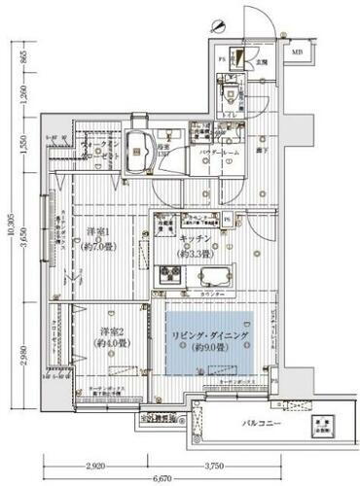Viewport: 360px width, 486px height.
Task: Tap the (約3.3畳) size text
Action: pyautogui.click(x=192, y=252)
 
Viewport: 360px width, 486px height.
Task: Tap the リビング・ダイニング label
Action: pyautogui.click(x=208, y=335)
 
